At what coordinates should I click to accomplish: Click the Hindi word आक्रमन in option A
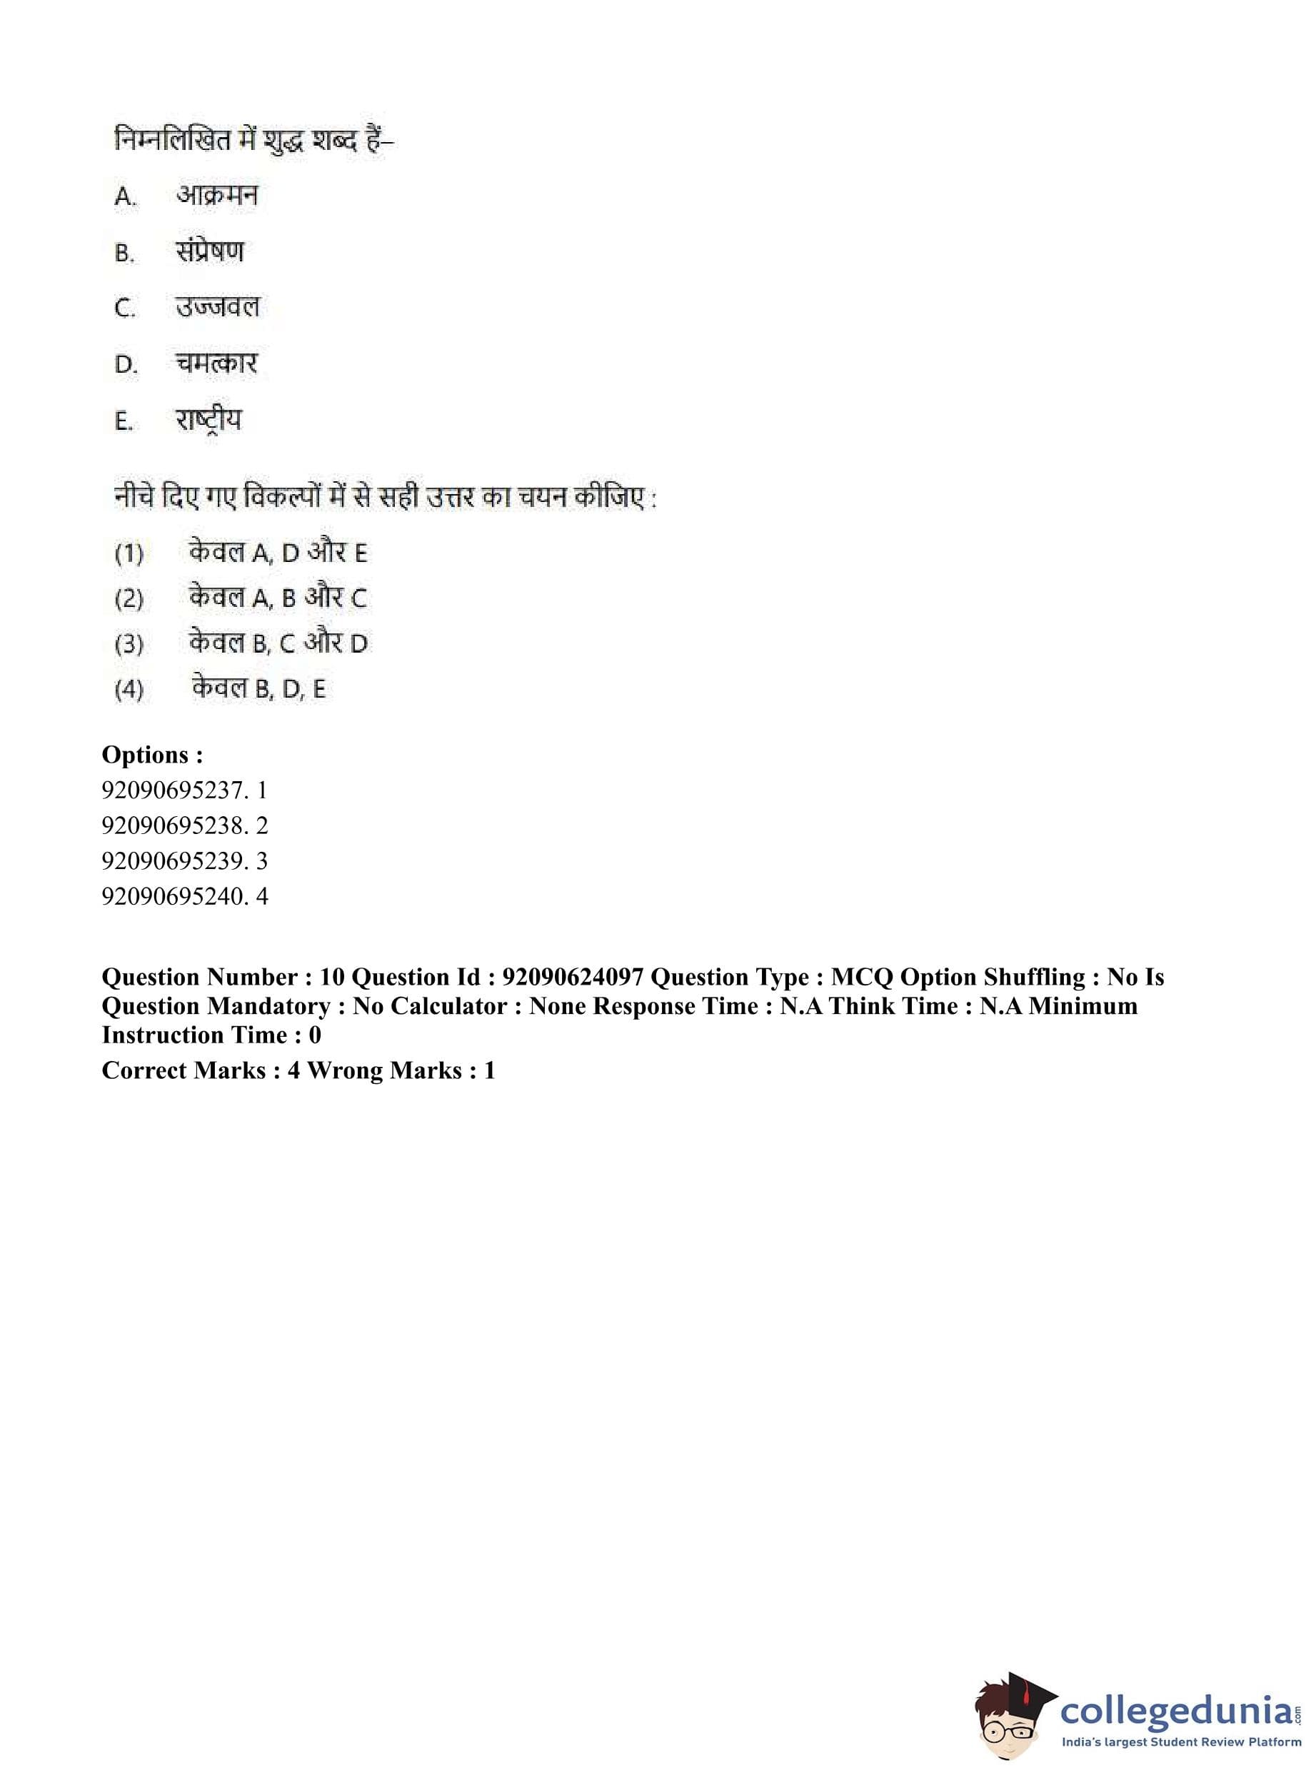(x=216, y=195)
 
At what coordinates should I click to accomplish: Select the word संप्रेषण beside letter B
(x=209, y=251)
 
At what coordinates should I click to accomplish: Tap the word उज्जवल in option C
(x=218, y=307)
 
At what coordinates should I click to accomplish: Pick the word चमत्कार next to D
(x=216, y=363)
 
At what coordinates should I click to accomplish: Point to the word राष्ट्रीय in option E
(x=209, y=420)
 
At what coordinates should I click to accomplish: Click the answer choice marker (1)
(x=129, y=553)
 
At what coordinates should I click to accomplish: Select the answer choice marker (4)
(x=129, y=689)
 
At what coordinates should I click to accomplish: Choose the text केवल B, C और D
(x=278, y=643)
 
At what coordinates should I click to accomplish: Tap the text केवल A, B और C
(x=278, y=598)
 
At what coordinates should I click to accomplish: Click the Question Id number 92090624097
(x=572, y=977)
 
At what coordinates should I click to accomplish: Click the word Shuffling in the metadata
(x=1035, y=977)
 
